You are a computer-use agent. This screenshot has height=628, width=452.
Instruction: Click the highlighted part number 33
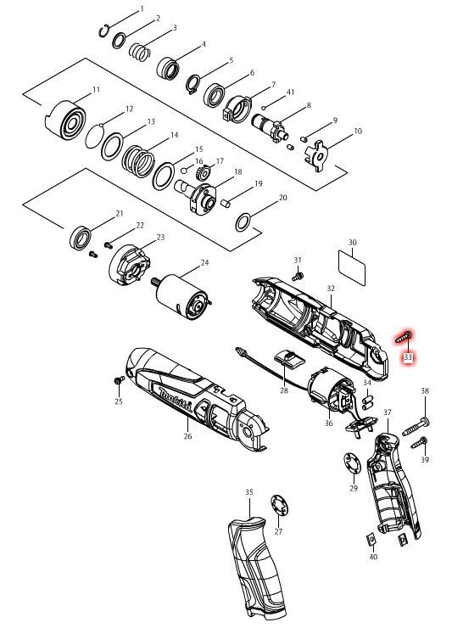[408, 356]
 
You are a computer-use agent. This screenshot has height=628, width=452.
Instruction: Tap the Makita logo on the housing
[176, 400]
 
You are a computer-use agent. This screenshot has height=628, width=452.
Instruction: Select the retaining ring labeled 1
[104, 31]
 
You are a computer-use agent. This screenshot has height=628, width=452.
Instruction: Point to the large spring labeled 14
[138, 160]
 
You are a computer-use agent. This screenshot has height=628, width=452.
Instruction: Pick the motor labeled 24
[182, 296]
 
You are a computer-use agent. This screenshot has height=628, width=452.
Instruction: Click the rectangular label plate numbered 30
[352, 268]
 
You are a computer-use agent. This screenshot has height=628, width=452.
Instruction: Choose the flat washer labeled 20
[243, 222]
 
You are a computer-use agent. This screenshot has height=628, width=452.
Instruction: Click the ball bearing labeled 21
[81, 238]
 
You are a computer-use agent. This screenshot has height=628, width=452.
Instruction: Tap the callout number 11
[96, 90]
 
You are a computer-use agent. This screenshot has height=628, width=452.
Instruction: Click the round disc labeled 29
[353, 463]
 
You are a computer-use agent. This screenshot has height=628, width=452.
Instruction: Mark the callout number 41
[290, 93]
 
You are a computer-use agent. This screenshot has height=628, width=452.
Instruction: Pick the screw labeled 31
[298, 276]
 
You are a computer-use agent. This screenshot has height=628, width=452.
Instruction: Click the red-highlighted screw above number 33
[403, 337]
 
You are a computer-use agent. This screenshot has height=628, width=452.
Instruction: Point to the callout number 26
[187, 436]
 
